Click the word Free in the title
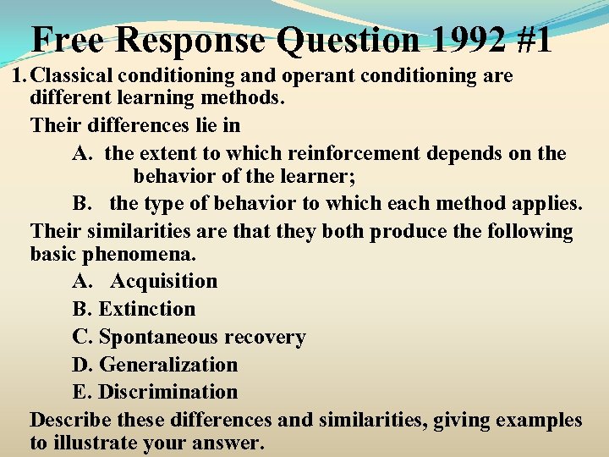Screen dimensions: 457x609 (68, 39)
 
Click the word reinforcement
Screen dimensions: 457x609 (354, 154)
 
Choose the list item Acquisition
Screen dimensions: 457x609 (163, 281)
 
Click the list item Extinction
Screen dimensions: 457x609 (146, 309)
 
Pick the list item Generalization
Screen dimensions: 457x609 (168, 365)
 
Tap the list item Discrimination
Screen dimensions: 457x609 (167, 392)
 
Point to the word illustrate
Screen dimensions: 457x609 (103, 443)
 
